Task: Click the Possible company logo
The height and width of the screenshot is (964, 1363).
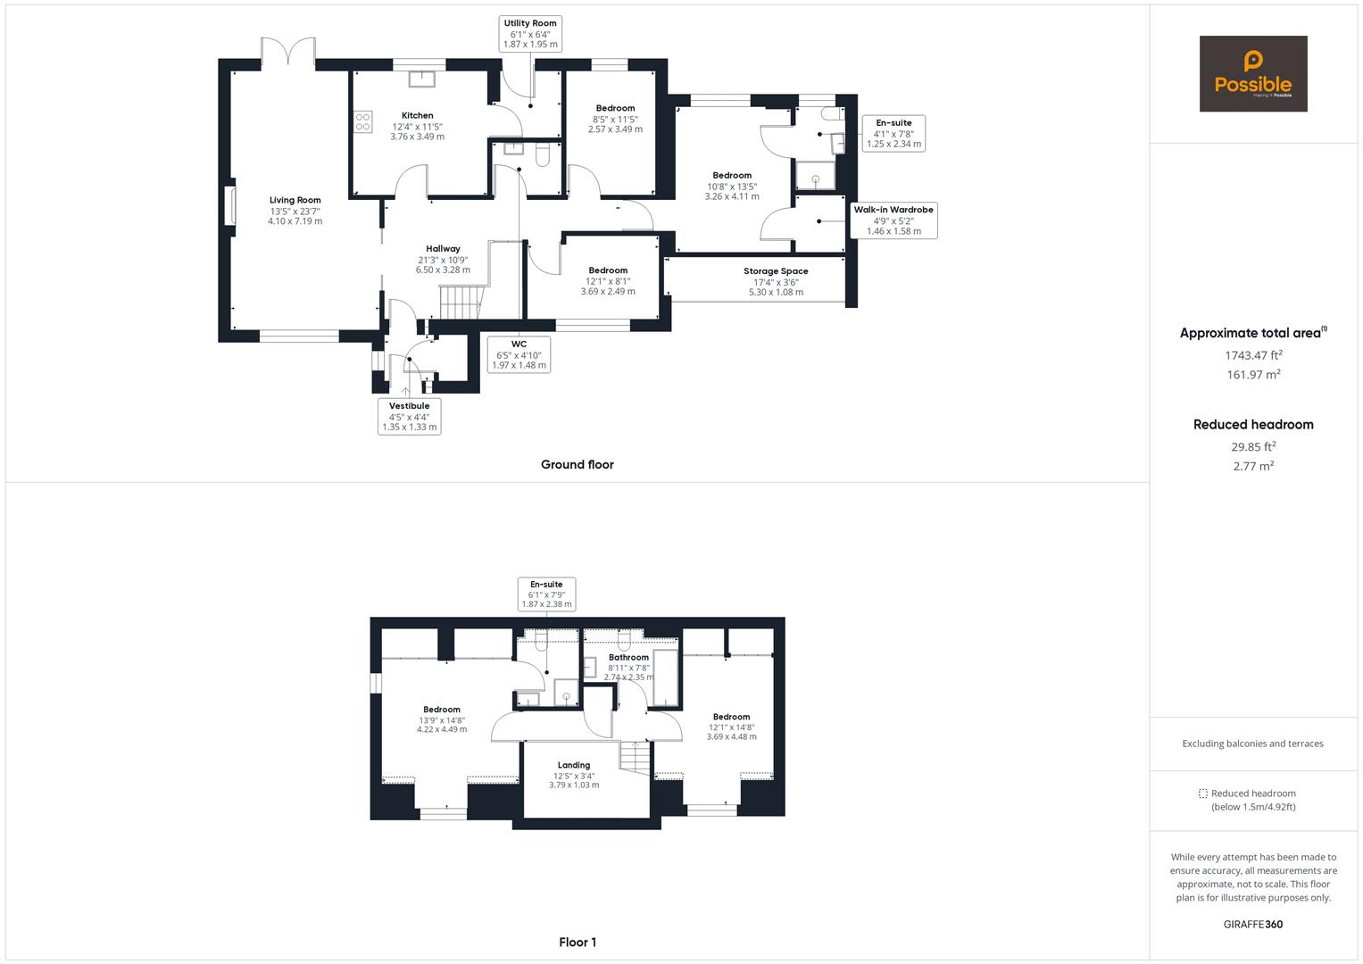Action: pyautogui.click(x=1252, y=74)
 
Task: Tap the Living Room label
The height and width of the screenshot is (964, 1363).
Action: pyautogui.click(x=295, y=201)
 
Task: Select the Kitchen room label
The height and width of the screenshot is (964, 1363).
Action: pyautogui.click(x=417, y=116)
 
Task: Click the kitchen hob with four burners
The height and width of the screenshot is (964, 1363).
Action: pyautogui.click(x=363, y=121)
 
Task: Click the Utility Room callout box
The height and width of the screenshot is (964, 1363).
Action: pyautogui.click(x=530, y=34)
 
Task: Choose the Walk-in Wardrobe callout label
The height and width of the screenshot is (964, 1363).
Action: pyautogui.click(x=893, y=220)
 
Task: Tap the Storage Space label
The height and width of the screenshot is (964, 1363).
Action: pyautogui.click(x=776, y=271)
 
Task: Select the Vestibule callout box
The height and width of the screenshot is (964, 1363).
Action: pyautogui.click(x=410, y=416)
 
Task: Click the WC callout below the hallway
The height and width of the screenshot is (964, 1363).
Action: pyautogui.click(x=519, y=354)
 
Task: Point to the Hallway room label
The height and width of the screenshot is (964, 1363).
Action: pyautogui.click(x=443, y=249)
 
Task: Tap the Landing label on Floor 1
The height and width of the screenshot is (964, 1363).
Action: pyautogui.click(x=574, y=765)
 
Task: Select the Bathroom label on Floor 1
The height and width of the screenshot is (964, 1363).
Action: pyautogui.click(x=628, y=658)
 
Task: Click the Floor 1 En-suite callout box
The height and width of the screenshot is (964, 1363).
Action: pyautogui.click(x=546, y=594)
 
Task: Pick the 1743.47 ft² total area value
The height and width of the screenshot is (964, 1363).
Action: pyautogui.click(x=1253, y=355)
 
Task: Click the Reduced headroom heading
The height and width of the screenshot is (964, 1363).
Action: pyautogui.click(x=1253, y=425)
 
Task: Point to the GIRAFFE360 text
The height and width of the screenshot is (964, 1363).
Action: pyautogui.click(x=1252, y=924)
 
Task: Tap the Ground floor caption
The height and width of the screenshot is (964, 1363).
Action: pyautogui.click(x=577, y=464)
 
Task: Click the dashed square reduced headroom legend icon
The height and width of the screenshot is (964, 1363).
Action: pyautogui.click(x=1202, y=794)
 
